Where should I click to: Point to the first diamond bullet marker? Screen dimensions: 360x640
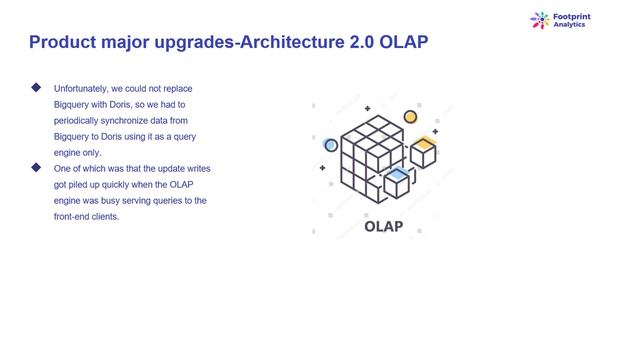tap(37, 88)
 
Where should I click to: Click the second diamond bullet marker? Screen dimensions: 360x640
tap(37, 167)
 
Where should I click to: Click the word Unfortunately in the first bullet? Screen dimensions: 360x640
tap(83, 89)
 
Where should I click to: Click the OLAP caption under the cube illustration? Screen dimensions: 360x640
tap(383, 226)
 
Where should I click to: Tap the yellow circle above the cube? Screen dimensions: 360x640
tap(409, 117)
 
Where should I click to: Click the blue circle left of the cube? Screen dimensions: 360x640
tap(331, 145)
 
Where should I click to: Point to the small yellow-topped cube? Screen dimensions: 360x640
tap(424, 151)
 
